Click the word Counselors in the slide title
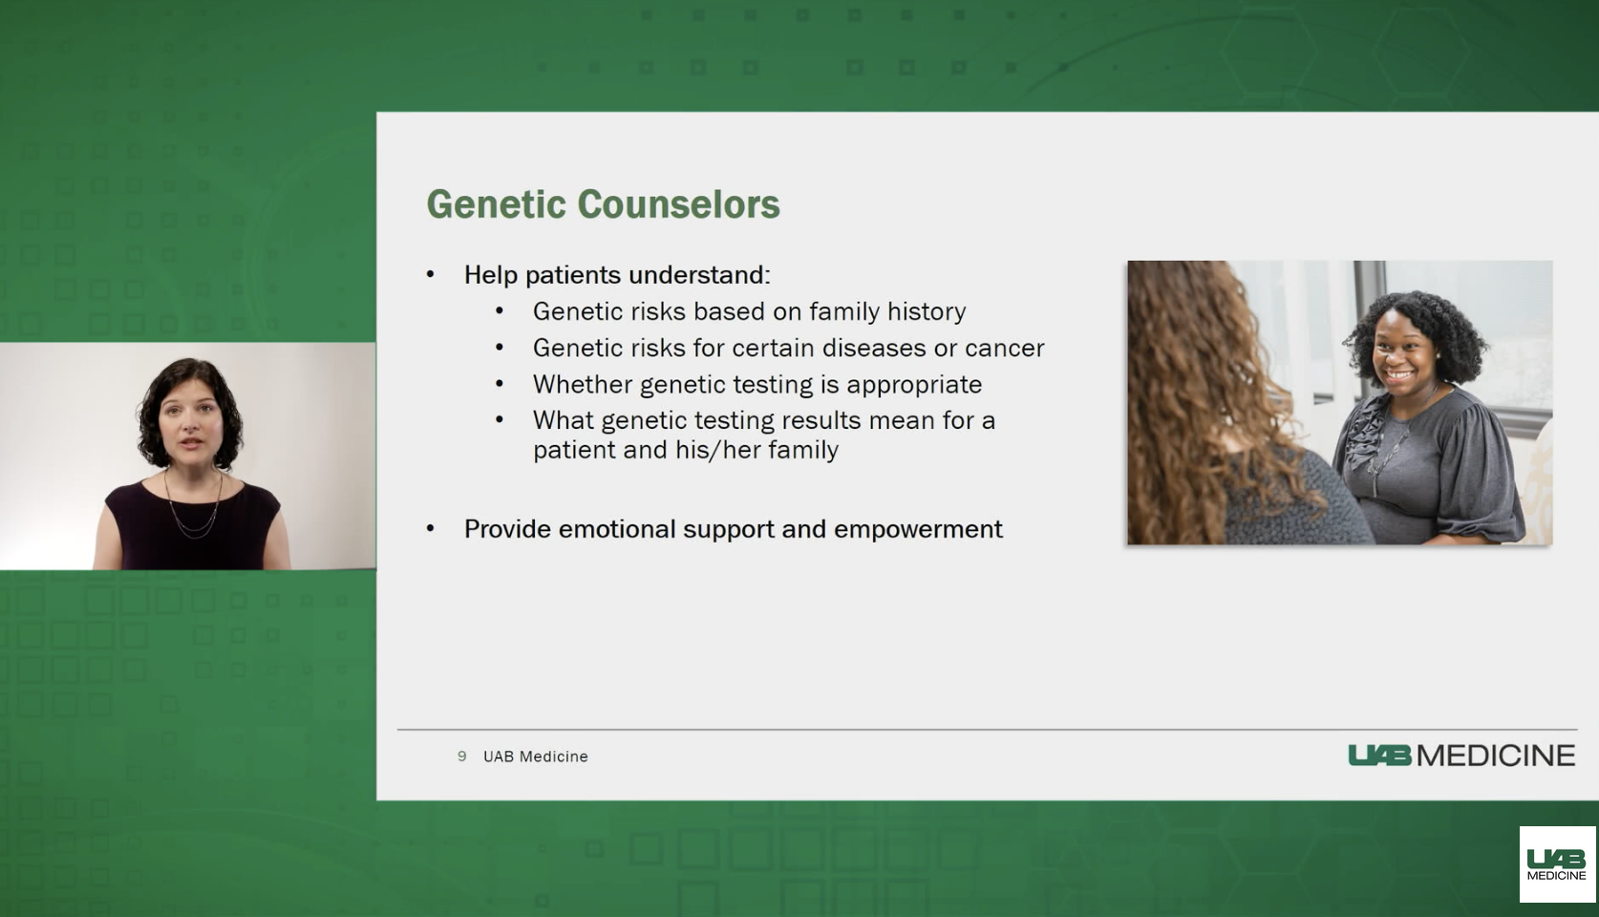pos(678,204)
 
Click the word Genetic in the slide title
pos(496,204)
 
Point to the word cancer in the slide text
pos(1004,348)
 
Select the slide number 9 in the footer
pos(462,757)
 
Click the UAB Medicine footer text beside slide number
pos(535,757)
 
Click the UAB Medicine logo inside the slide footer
pos(1460,756)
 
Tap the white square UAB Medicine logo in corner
pos(1557,864)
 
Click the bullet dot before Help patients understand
pos(431,275)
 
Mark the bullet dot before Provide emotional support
pos(431,529)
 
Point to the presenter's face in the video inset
pos(190,420)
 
